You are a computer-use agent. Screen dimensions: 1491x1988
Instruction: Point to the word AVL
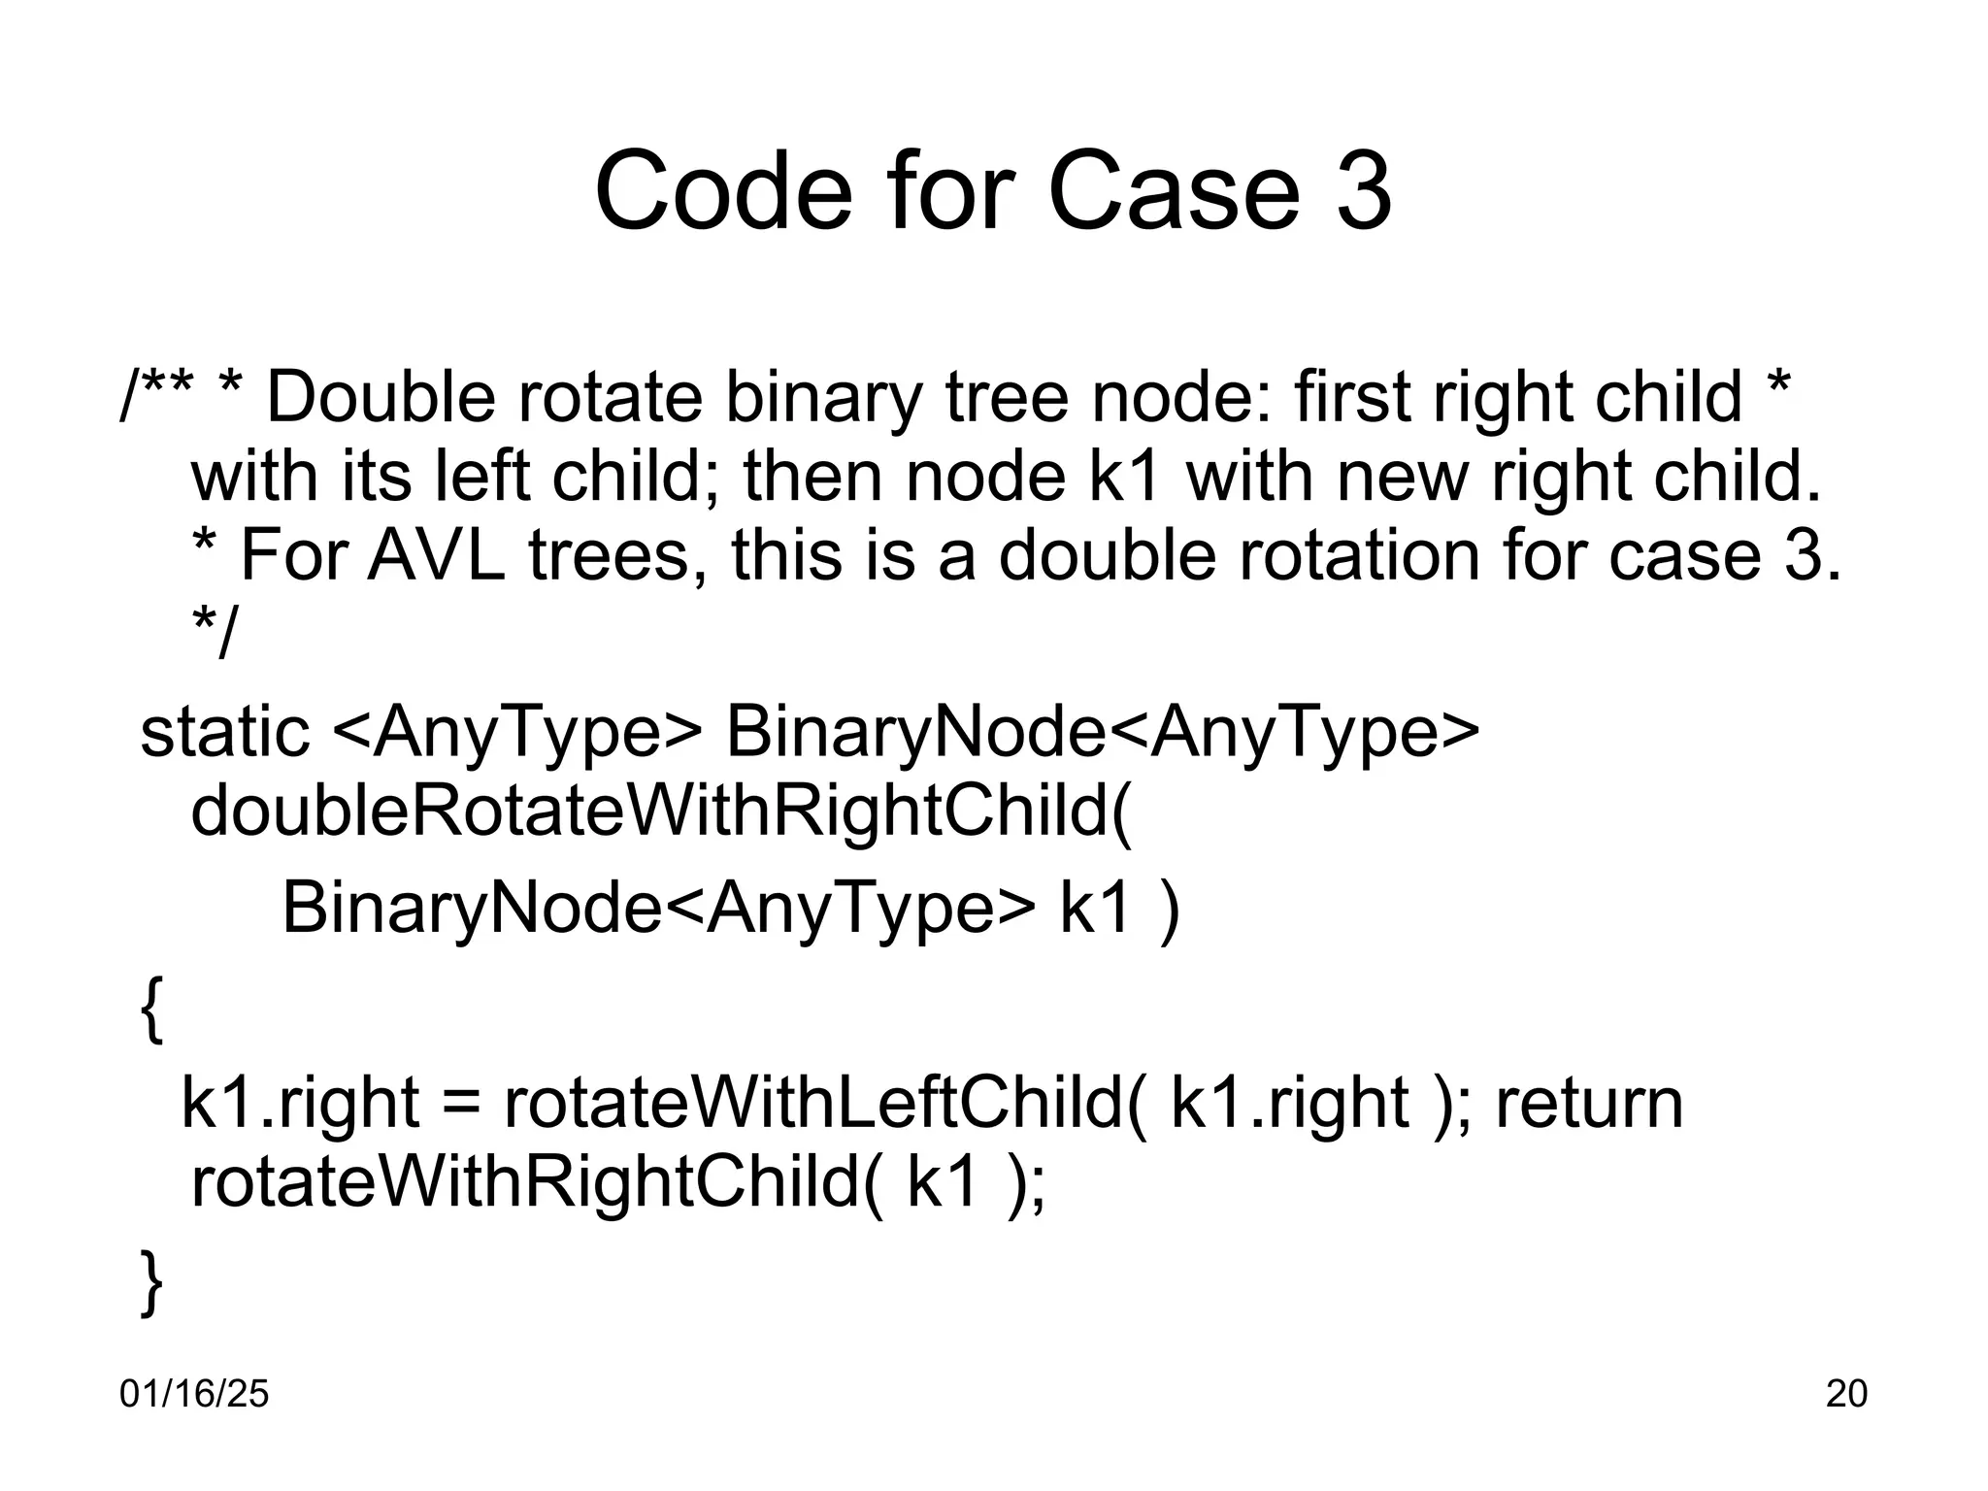436,556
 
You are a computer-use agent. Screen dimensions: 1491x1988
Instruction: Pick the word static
225,732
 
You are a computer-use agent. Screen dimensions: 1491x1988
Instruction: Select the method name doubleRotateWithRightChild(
661,812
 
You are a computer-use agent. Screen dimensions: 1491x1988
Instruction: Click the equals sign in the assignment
461,1104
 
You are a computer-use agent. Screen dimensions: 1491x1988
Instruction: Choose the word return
1589,1104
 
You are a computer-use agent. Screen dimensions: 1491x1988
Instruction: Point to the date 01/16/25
194,1394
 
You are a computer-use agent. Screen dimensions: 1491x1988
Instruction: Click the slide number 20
1846,1394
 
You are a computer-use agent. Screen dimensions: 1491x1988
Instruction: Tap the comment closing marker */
214,634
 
